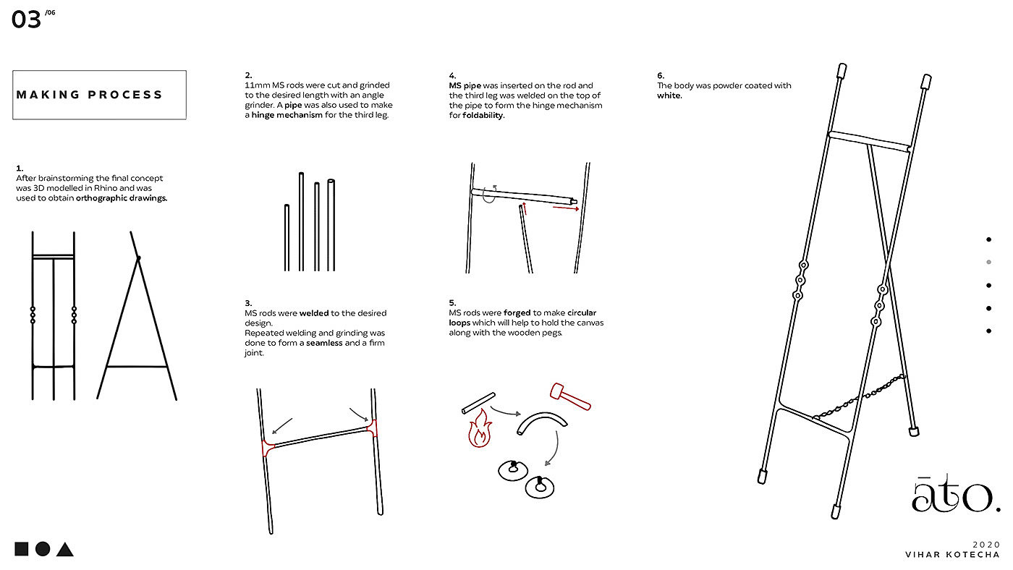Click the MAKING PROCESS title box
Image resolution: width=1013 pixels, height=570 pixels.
click(99, 95)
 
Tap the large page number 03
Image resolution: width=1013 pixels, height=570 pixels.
click(26, 20)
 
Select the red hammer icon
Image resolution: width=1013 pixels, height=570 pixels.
click(569, 396)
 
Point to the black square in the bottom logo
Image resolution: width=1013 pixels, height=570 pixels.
click(22, 549)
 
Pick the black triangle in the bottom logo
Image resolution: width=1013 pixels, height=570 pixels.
click(65, 550)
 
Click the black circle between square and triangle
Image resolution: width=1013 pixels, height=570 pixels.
click(43, 549)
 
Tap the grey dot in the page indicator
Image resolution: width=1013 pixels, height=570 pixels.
click(988, 262)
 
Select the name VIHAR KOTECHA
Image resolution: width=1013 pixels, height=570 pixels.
click(952, 555)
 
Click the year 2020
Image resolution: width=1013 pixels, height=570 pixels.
click(986, 544)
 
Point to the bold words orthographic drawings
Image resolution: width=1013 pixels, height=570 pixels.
click(122, 198)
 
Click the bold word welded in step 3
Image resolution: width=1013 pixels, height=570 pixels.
click(314, 313)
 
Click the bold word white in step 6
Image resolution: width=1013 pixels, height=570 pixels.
click(669, 95)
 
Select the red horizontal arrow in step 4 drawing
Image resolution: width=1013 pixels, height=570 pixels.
click(565, 208)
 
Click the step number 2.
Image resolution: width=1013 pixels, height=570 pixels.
click(248, 75)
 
